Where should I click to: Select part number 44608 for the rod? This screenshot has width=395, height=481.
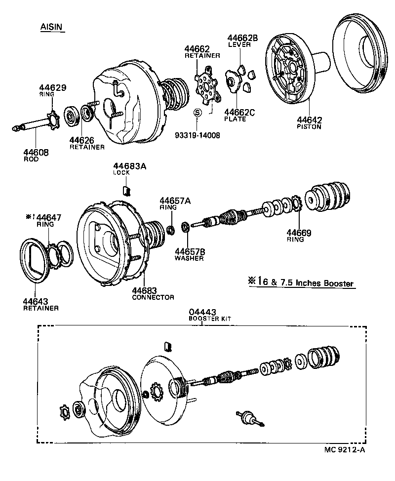point(36,153)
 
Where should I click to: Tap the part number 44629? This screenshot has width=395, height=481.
point(52,87)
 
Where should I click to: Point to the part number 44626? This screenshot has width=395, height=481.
point(82,140)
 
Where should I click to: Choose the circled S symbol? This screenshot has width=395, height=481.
point(197,113)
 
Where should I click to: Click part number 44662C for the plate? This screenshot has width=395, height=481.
point(239,112)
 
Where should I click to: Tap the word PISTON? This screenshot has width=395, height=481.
point(309,126)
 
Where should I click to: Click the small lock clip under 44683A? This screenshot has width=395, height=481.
point(125,191)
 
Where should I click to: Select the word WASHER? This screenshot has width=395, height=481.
point(189,258)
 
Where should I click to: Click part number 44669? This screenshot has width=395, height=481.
point(299,233)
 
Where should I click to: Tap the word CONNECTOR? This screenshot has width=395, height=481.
point(153,297)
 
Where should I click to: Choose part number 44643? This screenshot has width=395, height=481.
point(36,301)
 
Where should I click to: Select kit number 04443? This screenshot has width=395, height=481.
point(202,313)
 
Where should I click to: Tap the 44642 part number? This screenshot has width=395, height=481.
point(310,120)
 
